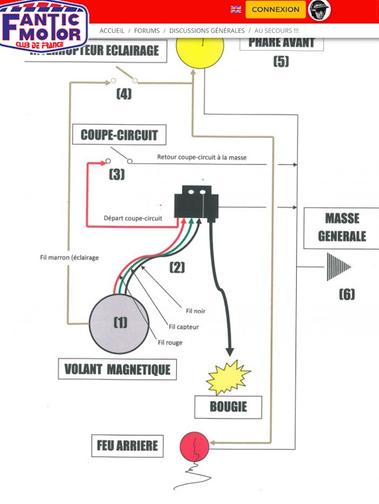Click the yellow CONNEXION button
point(275,10)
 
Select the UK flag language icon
point(236,10)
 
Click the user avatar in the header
point(319,10)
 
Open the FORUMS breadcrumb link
point(147,30)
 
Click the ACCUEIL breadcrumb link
point(112,30)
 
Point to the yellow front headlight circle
point(199,48)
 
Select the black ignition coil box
point(197,202)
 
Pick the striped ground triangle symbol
point(338,267)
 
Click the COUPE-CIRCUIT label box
point(119,135)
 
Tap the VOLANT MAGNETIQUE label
point(117,370)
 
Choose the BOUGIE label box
point(228,407)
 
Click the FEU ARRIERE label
point(127,445)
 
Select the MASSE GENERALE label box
point(341,227)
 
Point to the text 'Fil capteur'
point(184,327)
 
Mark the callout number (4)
point(124,94)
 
